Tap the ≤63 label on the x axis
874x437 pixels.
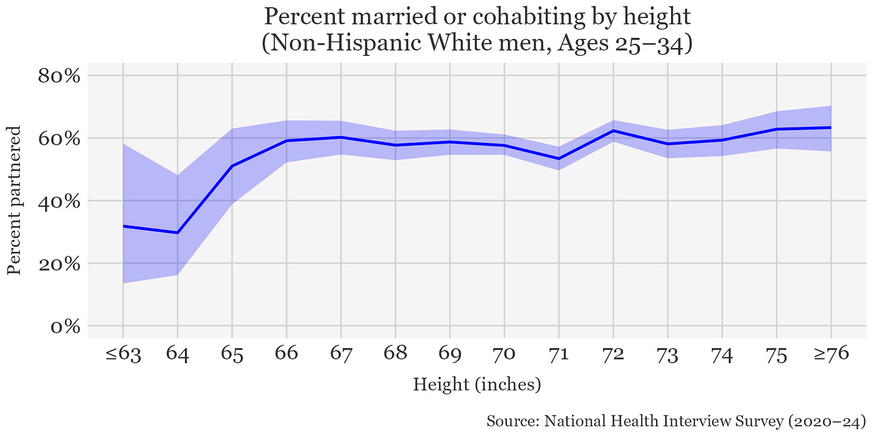point(123,354)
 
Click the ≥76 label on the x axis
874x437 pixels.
point(831,354)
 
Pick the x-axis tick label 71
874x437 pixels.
point(558,354)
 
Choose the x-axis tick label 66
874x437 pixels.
point(286,354)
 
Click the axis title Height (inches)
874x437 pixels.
point(477,384)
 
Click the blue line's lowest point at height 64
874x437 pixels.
point(178,232)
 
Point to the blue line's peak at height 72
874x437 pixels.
point(613,130)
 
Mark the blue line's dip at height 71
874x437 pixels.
point(558,158)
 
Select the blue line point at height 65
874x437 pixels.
point(232,166)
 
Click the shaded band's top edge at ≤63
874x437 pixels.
point(123,143)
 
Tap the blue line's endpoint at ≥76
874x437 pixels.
point(831,127)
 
